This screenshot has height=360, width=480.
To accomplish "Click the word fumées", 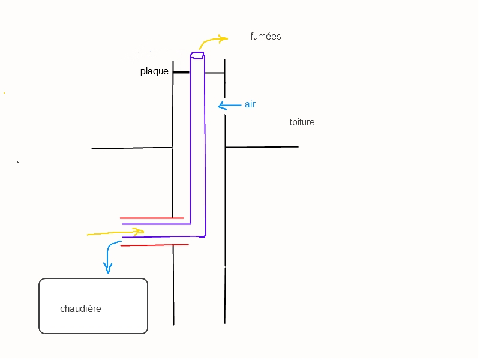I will coord(266,37).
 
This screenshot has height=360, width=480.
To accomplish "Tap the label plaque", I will coord(154,71).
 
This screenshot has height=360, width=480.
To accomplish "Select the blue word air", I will coord(250,104).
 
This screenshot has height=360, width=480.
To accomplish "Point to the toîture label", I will coord(302,122).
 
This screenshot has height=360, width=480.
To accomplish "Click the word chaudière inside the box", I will coord(80,309).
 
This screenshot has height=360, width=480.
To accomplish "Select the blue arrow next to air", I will coord(229,106).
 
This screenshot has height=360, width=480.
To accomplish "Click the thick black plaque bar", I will coord(181,72).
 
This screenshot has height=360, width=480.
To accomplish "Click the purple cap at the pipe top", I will coord(197,56).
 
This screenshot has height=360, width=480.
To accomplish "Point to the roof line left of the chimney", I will coord(132,148).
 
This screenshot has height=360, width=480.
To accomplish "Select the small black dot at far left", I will coord(17,162).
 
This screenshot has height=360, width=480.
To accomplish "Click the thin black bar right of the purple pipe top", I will coord(214,73).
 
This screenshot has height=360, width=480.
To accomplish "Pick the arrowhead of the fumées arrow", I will coord(224,39).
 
